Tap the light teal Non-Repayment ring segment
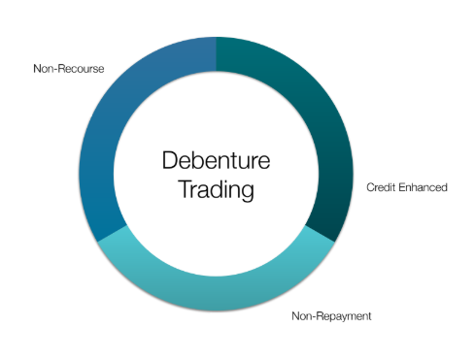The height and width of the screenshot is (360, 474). pos(217,293)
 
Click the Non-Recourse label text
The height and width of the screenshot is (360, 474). pos(69,69)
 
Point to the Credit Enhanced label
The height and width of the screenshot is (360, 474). pos(407,187)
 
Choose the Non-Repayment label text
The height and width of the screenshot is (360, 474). pos(331,316)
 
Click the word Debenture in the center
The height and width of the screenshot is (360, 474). pos(216,160)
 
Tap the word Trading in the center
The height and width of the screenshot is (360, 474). pos(216,190)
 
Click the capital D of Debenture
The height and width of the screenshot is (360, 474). pos(170,160)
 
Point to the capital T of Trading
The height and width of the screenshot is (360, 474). pos(186,188)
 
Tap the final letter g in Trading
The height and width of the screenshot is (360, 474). pos(247,193)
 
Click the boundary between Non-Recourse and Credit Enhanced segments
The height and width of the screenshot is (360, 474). pos(217,54)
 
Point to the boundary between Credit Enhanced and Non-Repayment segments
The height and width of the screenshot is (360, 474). pos(320,234)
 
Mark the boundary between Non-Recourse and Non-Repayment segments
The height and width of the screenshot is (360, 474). pos(113,234)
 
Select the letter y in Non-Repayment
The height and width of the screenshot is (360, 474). pos(343,317)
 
